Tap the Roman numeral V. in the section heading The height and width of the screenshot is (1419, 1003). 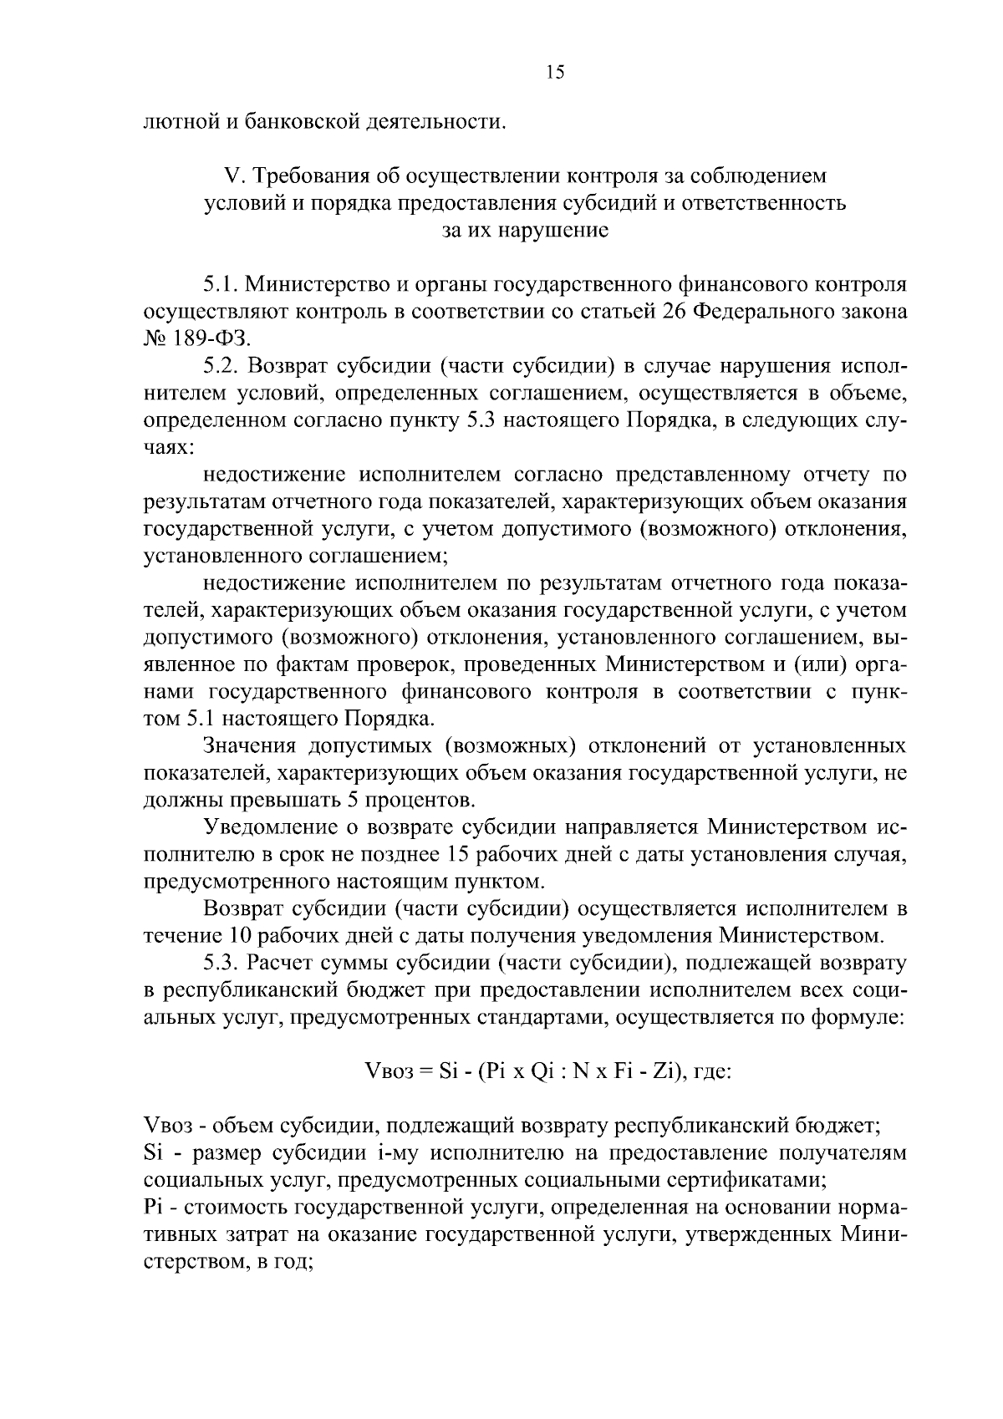coord(232,176)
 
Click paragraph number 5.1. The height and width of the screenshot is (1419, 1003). coord(221,285)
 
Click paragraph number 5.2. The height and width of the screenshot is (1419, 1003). coord(221,367)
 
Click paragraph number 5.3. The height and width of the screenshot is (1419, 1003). coord(221,963)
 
